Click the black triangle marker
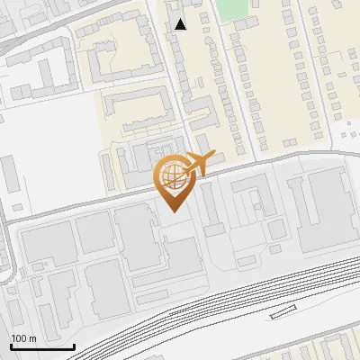(x=181, y=24)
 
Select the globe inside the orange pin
(x=172, y=178)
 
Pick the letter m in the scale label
(x=33, y=338)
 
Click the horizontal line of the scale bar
(x=41, y=346)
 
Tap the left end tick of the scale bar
(x=10, y=345)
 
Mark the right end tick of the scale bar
(x=74, y=345)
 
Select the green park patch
(x=232, y=8)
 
